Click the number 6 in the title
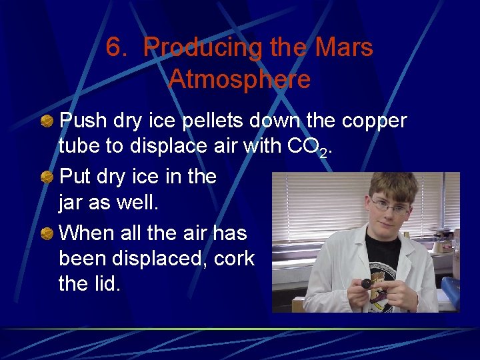[x=115, y=48]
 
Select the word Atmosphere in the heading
[x=239, y=79]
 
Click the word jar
[x=72, y=203]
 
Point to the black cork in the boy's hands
[x=366, y=283]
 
